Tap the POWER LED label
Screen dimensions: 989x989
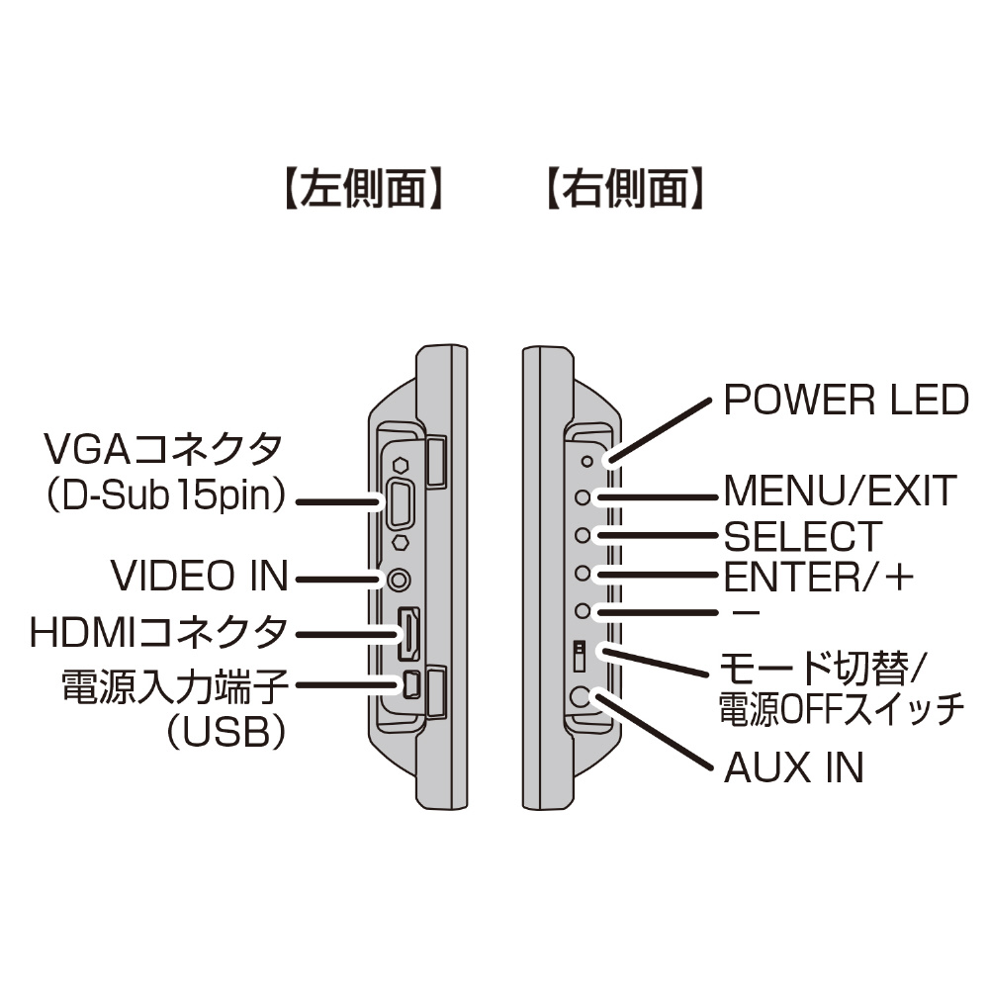point(846,401)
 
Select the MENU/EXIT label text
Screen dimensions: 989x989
point(841,491)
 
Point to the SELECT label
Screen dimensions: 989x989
point(802,536)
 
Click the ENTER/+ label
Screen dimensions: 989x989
point(816,575)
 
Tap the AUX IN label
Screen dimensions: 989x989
point(794,767)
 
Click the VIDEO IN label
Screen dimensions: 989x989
point(199,576)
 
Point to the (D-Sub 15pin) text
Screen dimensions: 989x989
point(164,496)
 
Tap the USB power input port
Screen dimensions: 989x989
point(410,683)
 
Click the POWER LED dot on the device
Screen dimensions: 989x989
point(587,461)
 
